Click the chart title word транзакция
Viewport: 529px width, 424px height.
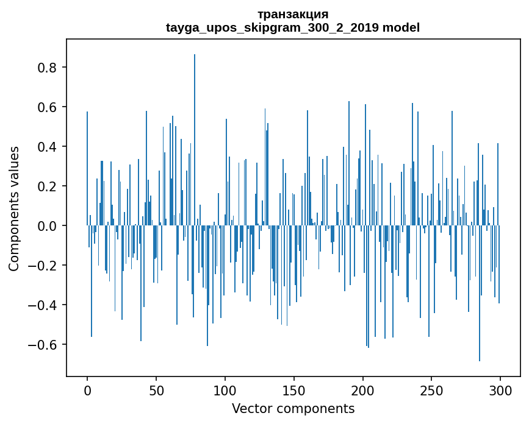point(293,14)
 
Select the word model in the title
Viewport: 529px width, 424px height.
point(401,27)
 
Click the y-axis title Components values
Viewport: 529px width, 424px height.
point(14,208)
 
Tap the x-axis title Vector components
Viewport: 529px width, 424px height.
point(293,408)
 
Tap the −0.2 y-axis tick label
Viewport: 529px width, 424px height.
point(44,266)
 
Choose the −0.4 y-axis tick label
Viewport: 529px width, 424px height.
point(44,305)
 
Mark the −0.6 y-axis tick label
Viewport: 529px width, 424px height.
point(44,345)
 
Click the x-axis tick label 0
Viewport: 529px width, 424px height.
point(87,390)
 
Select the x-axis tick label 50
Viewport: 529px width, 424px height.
point(156,390)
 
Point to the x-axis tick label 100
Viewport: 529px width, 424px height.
point(225,390)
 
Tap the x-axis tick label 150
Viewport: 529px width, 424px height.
point(294,390)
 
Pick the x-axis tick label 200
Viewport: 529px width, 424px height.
point(363,390)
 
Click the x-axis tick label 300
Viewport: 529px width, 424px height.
point(500,390)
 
